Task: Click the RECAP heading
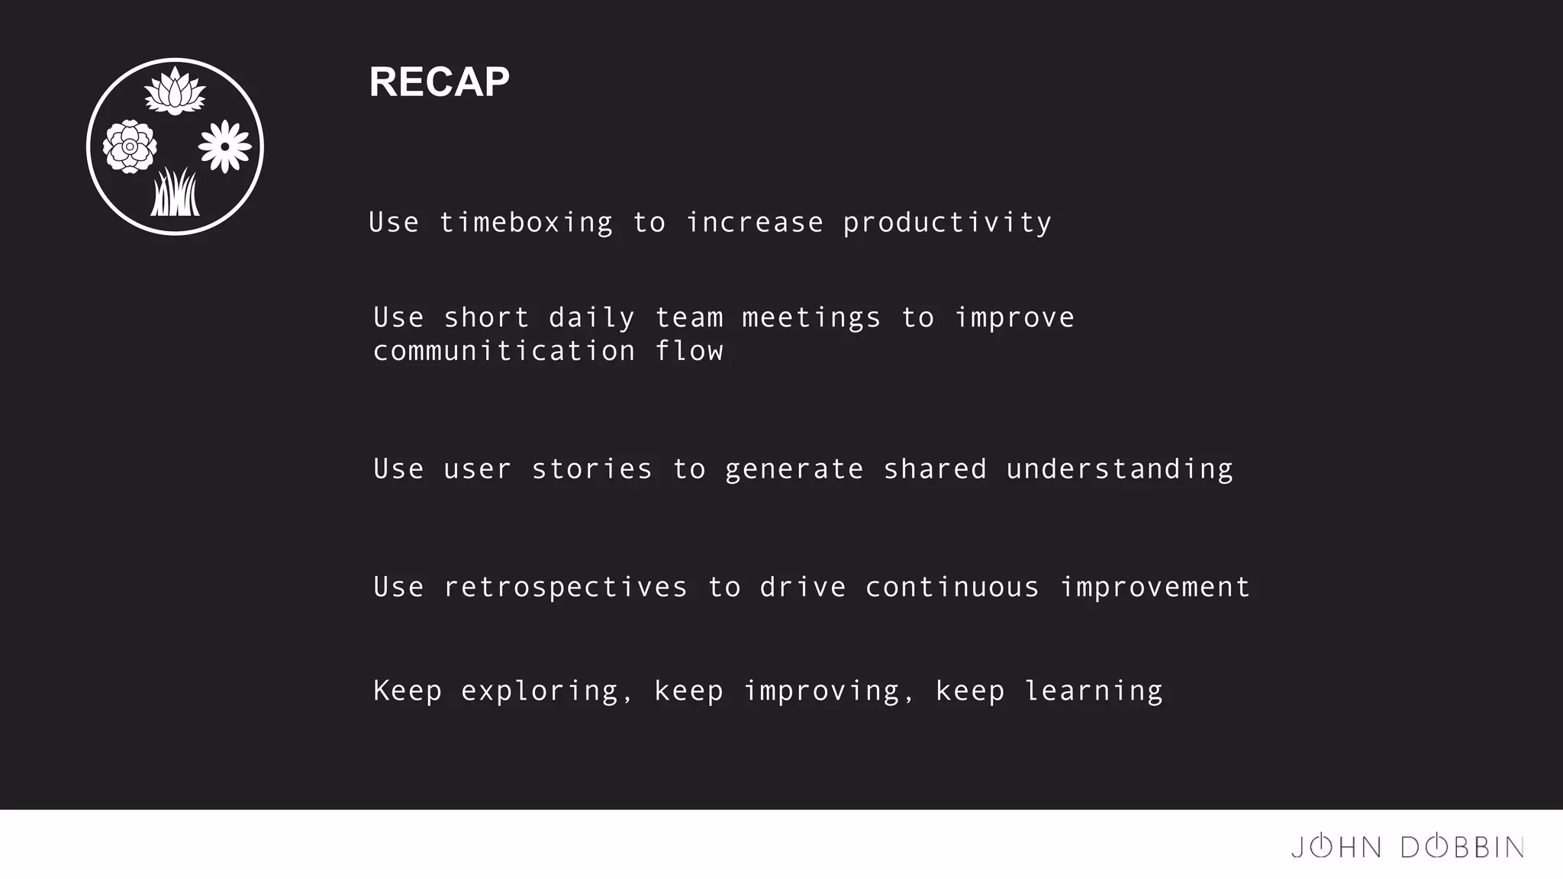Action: (x=439, y=82)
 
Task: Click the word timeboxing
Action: (x=526, y=223)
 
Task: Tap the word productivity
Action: (x=947, y=223)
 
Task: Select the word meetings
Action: (x=811, y=317)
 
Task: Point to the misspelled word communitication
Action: (x=504, y=351)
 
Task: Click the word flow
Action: (x=689, y=351)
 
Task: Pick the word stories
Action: (x=591, y=469)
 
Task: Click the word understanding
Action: (x=1119, y=469)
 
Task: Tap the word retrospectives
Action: (x=566, y=588)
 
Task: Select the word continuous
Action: (x=952, y=588)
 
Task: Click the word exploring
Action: (x=539, y=691)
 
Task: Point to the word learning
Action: (x=1093, y=691)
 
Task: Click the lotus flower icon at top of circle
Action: (x=175, y=92)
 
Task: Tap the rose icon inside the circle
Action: (x=130, y=146)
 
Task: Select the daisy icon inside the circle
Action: (x=224, y=146)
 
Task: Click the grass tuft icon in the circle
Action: (x=175, y=193)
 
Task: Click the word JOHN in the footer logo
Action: (x=1336, y=847)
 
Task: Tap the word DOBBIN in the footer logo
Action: (x=1462, y=847)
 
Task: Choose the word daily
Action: (x=591, y=317)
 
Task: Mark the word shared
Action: (x=935, y=469)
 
